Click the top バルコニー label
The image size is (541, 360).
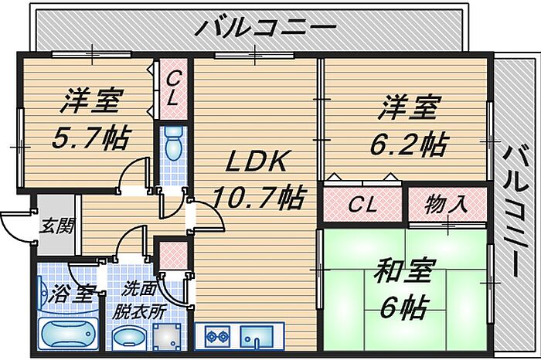[x=265, y=29]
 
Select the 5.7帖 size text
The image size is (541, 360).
[x=90, y=138]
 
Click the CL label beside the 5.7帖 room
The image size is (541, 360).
[x=174, y=88]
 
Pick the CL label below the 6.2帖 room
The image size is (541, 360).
[x=362, y=205]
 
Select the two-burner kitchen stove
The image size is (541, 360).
[x=217, y=338]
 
